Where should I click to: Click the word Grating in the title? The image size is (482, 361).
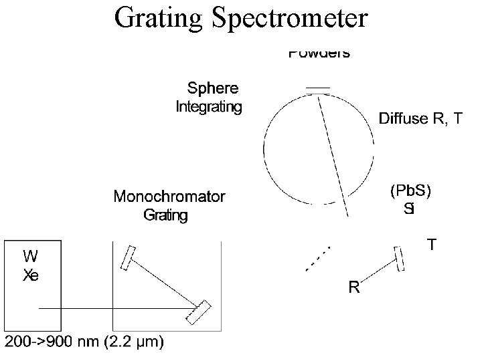[x=159, y=19]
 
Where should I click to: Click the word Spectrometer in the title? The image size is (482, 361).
[x=289, y=19]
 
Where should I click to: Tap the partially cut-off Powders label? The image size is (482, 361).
[x=319, y=53]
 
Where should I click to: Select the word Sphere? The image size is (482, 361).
[x=212, y=88]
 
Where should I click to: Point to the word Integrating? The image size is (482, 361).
[x=208, y=106]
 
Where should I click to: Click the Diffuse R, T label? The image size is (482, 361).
[x=420, y=119]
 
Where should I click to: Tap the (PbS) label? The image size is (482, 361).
[x=410, y=190]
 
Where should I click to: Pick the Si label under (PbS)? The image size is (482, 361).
[x=409, y=209]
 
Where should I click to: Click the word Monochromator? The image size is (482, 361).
[x=169, y=196]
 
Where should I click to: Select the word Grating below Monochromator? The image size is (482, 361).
[x=166, y=215]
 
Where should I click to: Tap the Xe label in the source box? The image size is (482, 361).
[x=31, y=274]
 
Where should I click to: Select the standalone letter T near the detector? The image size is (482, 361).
[x=433, y=245]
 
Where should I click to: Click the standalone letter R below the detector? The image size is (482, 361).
[x=354, y=288]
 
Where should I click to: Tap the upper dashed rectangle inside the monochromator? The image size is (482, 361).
[x=127, y=258]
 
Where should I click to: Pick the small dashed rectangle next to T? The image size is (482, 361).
[x=400, y=259]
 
